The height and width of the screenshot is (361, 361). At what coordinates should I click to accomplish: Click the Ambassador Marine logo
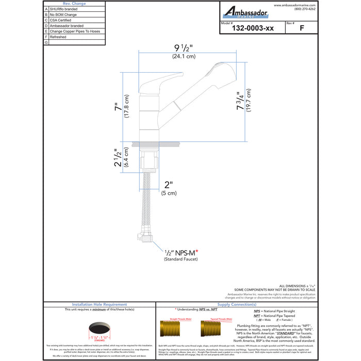[x=245, y=11]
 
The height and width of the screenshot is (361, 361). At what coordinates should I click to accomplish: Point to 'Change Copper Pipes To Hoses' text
[x=75, y=31]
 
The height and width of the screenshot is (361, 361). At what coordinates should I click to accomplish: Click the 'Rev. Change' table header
[x=74, y=4]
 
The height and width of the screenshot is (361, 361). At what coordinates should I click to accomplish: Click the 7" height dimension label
[x=118, y=108]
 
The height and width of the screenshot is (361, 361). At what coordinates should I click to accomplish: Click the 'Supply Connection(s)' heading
[x=234, y=305]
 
